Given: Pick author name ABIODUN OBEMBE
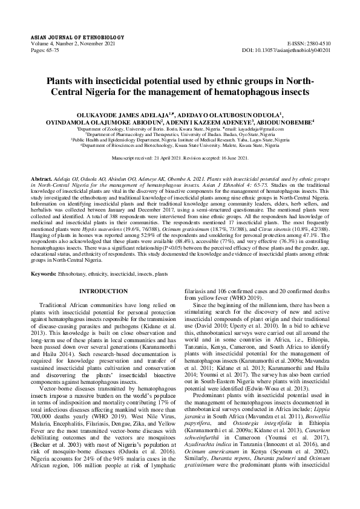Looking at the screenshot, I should tap(282, 122).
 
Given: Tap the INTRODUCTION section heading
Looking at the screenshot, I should tap(103, 291).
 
